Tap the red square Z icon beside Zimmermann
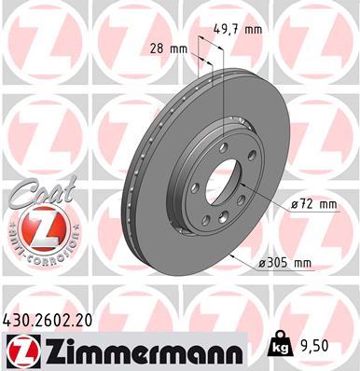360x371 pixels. pos(19,349)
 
